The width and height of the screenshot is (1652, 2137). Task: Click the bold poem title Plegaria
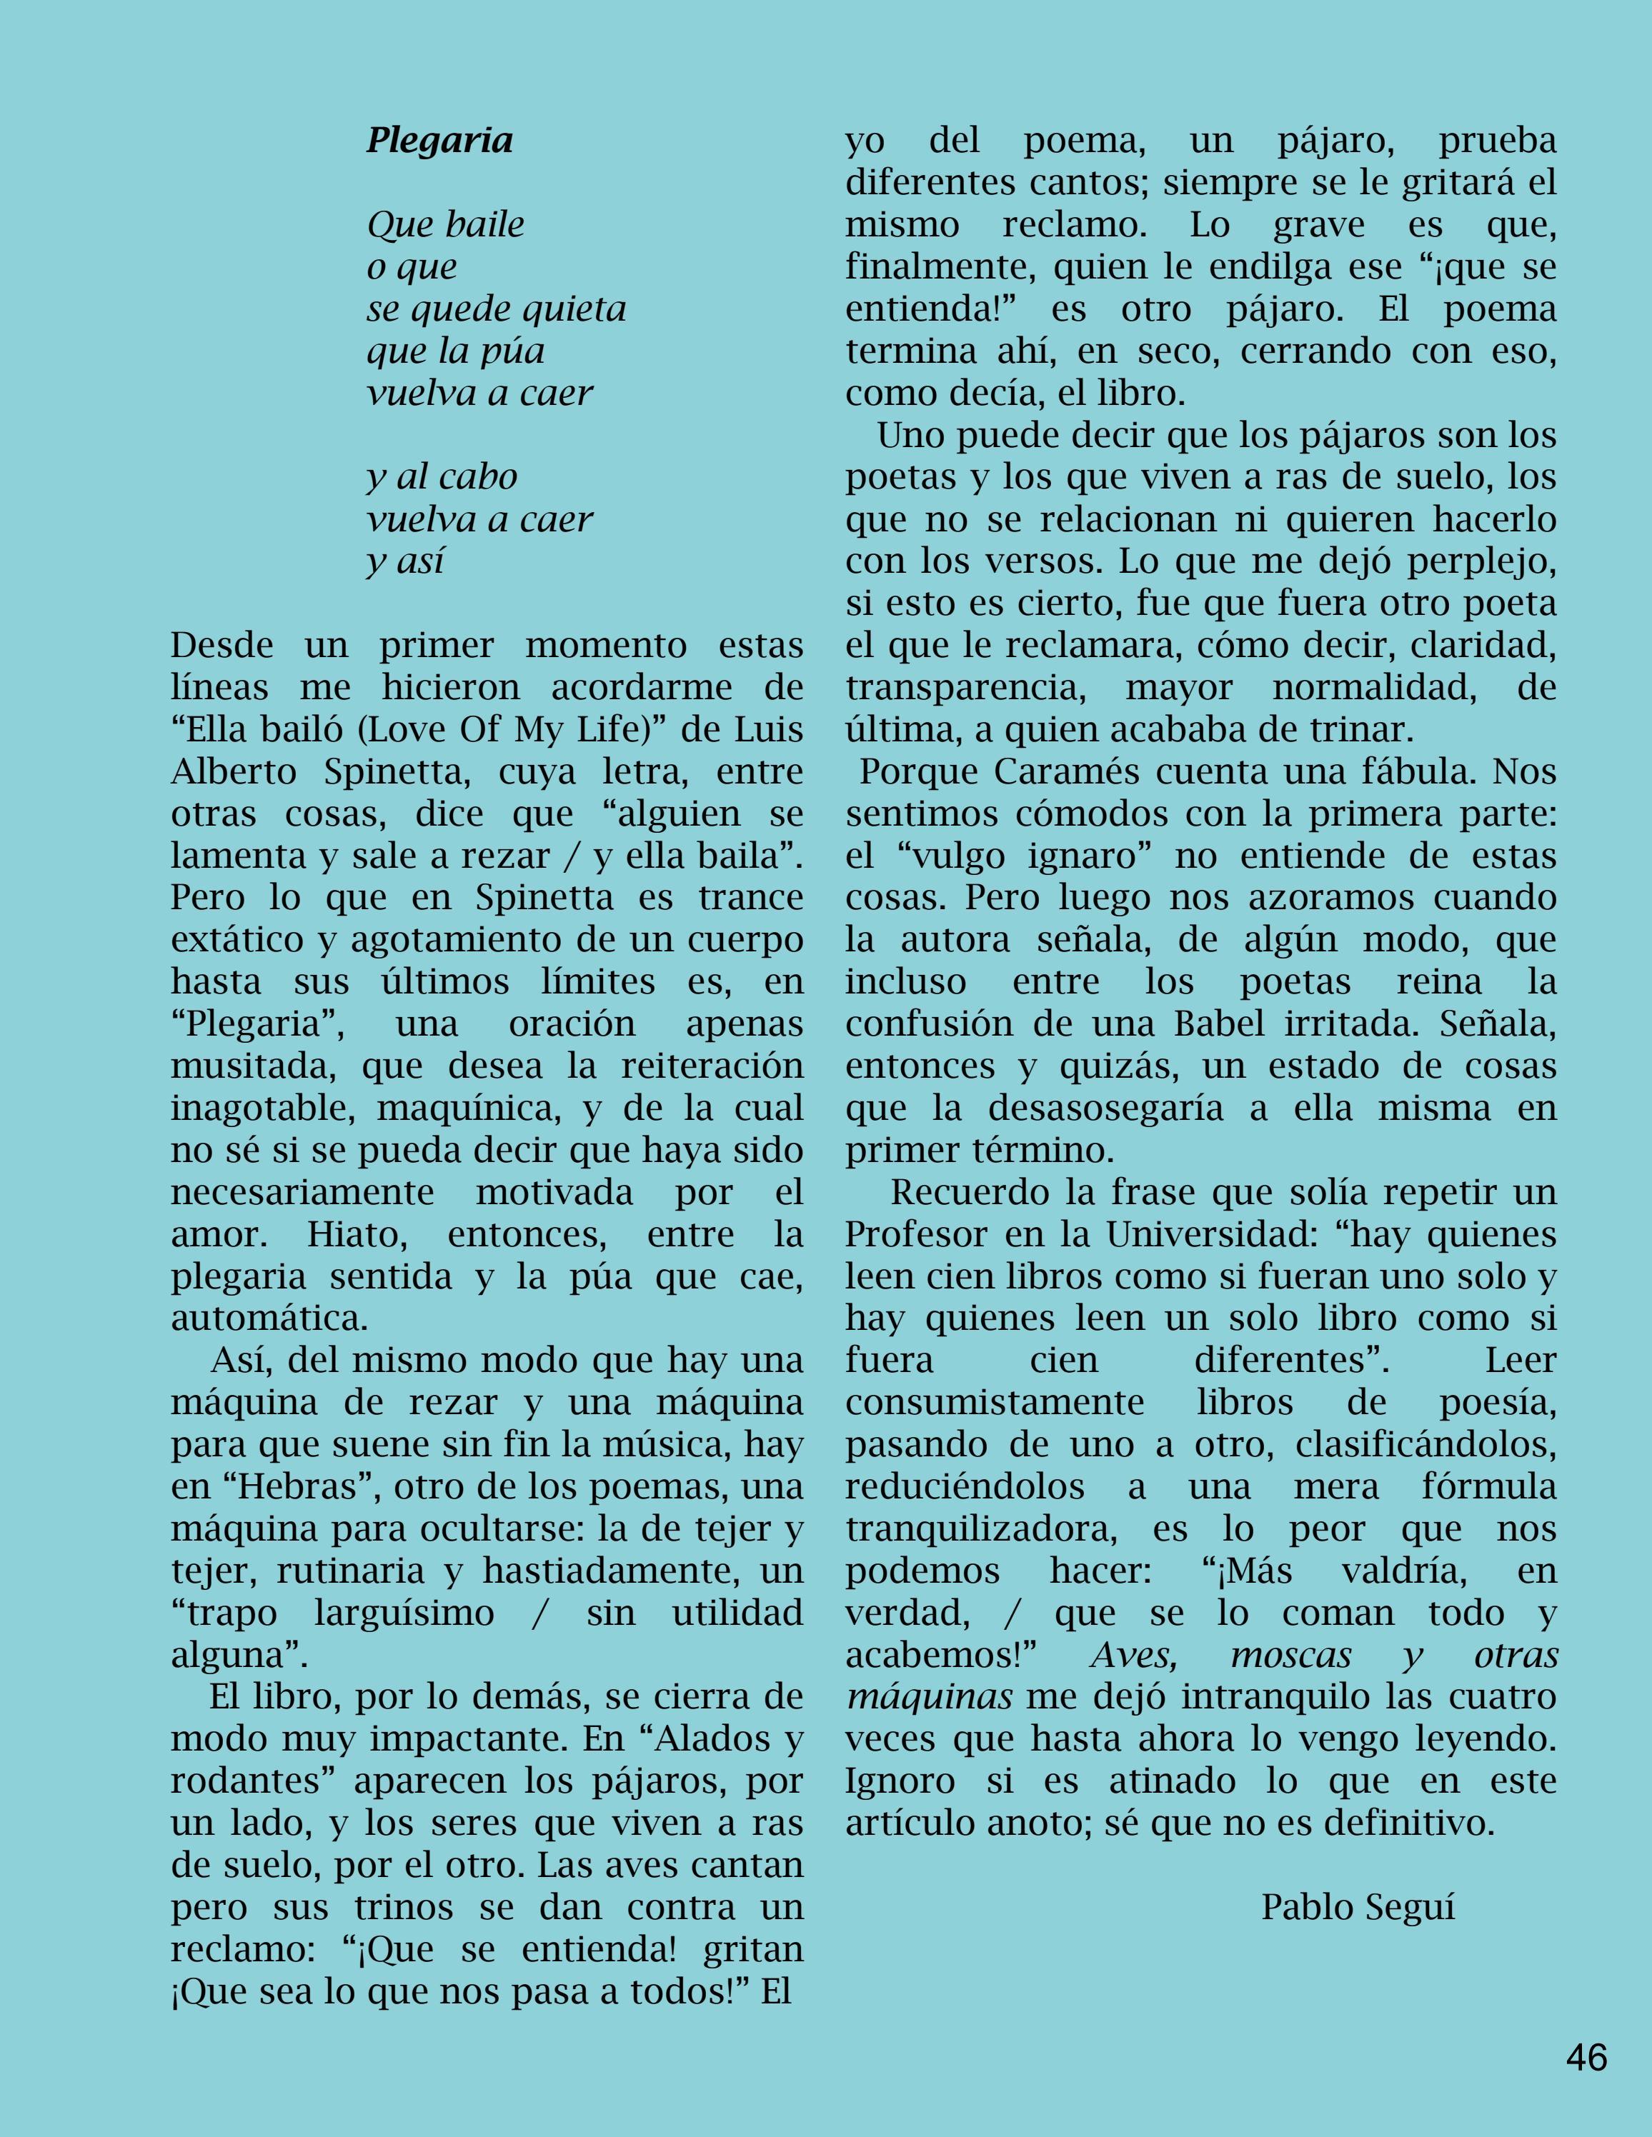click(x=439, y=141)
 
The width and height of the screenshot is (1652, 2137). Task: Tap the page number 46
click(x=1586, y=2058)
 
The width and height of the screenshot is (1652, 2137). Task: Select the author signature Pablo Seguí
click(x=1358, y=1907)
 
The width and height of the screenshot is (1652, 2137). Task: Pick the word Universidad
click(x=1207, y=1235)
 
